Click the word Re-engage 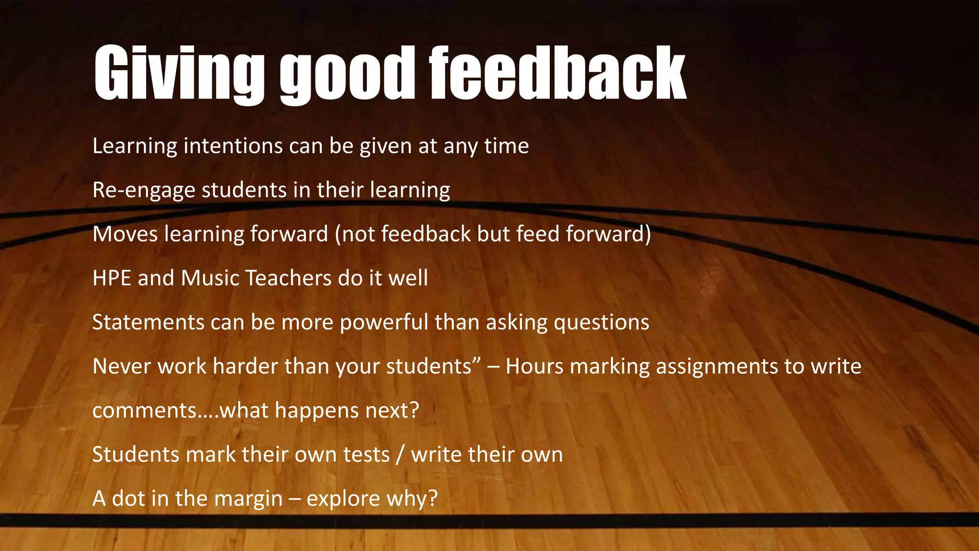[144, 190]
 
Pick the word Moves [125, 234]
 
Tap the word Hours [534, 366]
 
